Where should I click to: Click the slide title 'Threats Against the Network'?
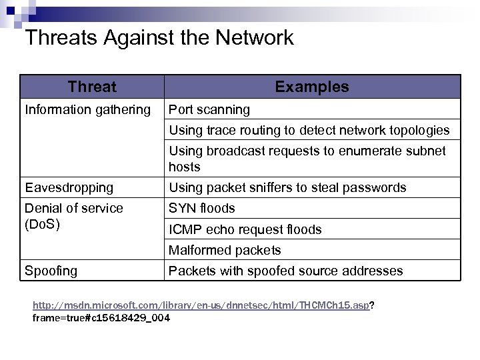pos(159,38)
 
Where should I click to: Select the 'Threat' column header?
pos(92,87)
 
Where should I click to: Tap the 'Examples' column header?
pos(311,87)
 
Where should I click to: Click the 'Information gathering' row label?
pos(88,109)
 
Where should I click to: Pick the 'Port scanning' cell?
pos(209,109)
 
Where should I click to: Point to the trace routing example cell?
pos(309,130)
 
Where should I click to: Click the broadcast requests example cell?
pos(307,159)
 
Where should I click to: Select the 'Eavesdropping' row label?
pos(69,188)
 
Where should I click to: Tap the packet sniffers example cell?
pos(287,188)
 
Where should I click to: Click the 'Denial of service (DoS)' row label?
pos(73,216)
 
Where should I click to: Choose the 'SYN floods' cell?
pos(202,208)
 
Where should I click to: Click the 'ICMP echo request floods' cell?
pos(245,229)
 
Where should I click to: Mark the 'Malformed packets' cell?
pos(225,251)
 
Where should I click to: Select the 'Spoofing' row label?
pos(51,271)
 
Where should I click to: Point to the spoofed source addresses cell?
pos(285,271)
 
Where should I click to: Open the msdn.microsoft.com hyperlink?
pos(201,305)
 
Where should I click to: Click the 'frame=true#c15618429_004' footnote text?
pos(101,318)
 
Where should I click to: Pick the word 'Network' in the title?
pos(255,38)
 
